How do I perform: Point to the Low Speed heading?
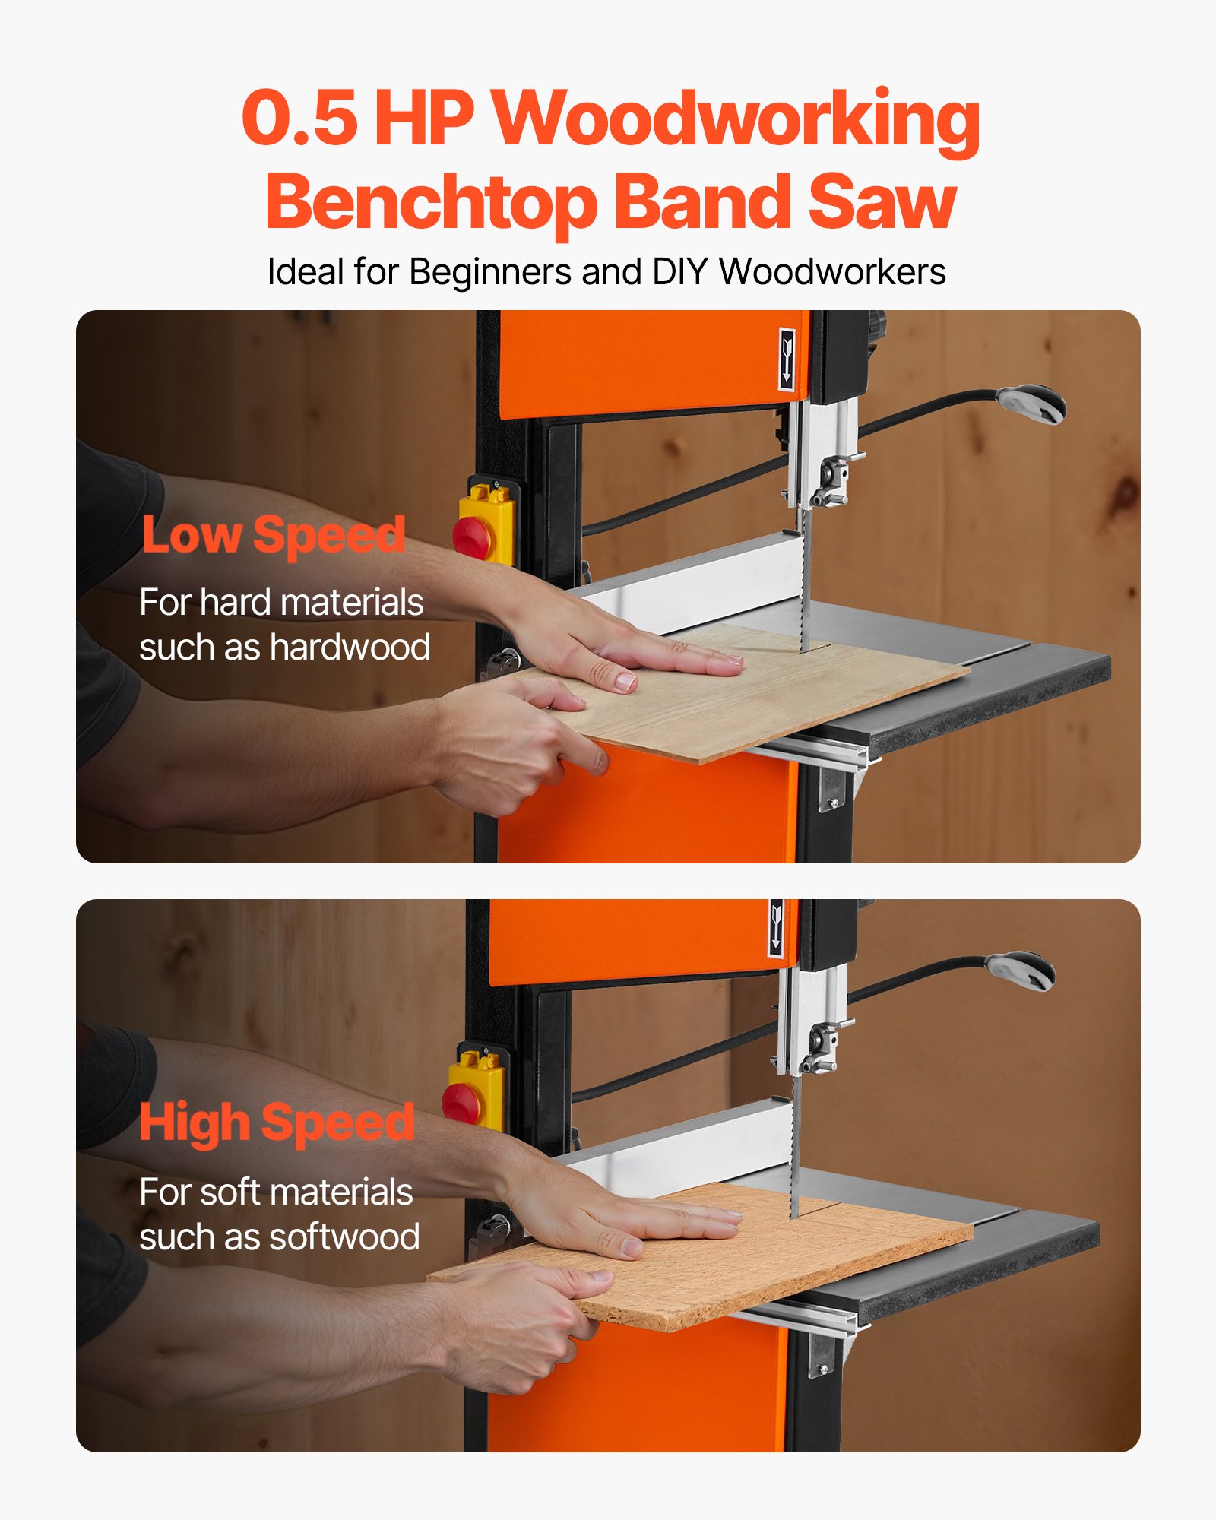pyautogui.click(x=274, y=535)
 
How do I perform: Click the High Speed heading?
pyautogui.click(x=277, y=1123)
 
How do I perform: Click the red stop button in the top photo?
pyautogui.click(x=471, y=537)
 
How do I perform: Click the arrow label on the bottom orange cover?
pyautogui.click(x=776, y=928)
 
